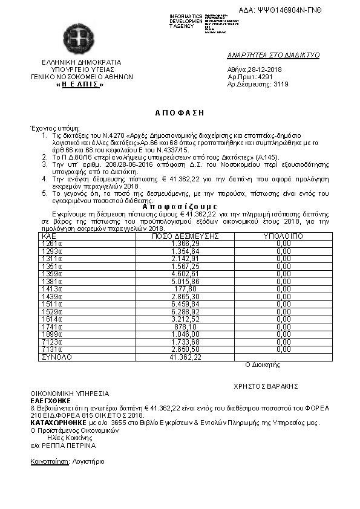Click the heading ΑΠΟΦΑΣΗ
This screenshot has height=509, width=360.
[x=180, y=113]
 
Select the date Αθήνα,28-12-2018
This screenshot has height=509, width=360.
[x=254, y=69]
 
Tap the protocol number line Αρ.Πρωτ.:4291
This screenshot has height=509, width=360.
[x=250, y=77]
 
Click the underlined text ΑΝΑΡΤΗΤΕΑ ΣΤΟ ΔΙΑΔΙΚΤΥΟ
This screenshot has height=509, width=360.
[x=273, y=55]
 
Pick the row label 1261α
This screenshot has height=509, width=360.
[x=51, y=243]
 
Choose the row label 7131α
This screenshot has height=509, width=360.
[x=51, y=350]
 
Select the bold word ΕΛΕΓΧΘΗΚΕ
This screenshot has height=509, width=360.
[x=50, y=400]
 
